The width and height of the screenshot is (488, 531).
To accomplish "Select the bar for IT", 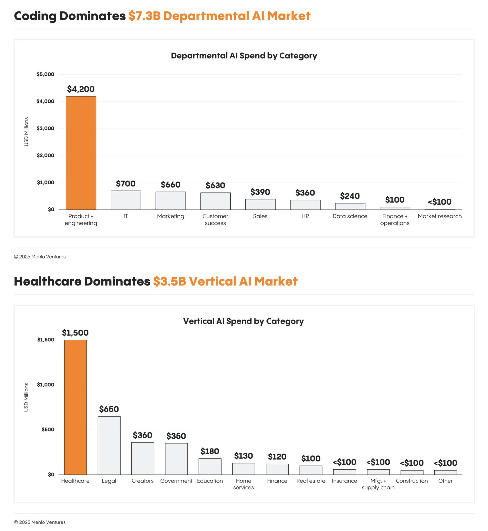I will [126, 200].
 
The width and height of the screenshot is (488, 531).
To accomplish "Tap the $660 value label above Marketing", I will [171, 184].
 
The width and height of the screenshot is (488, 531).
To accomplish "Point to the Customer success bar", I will [215, 201].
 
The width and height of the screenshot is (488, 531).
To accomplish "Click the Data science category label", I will [350, 216].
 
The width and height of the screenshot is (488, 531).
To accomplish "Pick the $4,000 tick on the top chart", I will [45, 101].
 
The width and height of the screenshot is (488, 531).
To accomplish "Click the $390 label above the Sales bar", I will [260, 192].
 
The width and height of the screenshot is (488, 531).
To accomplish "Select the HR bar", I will [305, 205].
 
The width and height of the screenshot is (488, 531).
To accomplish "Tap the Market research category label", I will [440, 216].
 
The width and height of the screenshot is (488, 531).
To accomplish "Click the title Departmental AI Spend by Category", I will [244, 55].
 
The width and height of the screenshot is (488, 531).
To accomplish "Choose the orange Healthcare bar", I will [75, 407].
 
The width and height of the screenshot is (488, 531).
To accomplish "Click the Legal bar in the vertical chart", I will [109, 445].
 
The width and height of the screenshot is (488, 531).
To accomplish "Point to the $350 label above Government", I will [176, 436].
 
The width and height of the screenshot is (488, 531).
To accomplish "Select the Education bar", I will [210, 466].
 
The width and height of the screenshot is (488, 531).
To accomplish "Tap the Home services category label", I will [243, 484].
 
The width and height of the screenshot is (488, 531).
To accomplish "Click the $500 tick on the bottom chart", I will [48, 430].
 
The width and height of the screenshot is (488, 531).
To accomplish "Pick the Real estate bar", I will [311, 470].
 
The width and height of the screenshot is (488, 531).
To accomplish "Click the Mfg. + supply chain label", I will [378, 484].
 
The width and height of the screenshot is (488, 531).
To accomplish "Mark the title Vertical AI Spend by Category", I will [243, 321].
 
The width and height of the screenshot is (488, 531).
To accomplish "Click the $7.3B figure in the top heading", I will [144, 16].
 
